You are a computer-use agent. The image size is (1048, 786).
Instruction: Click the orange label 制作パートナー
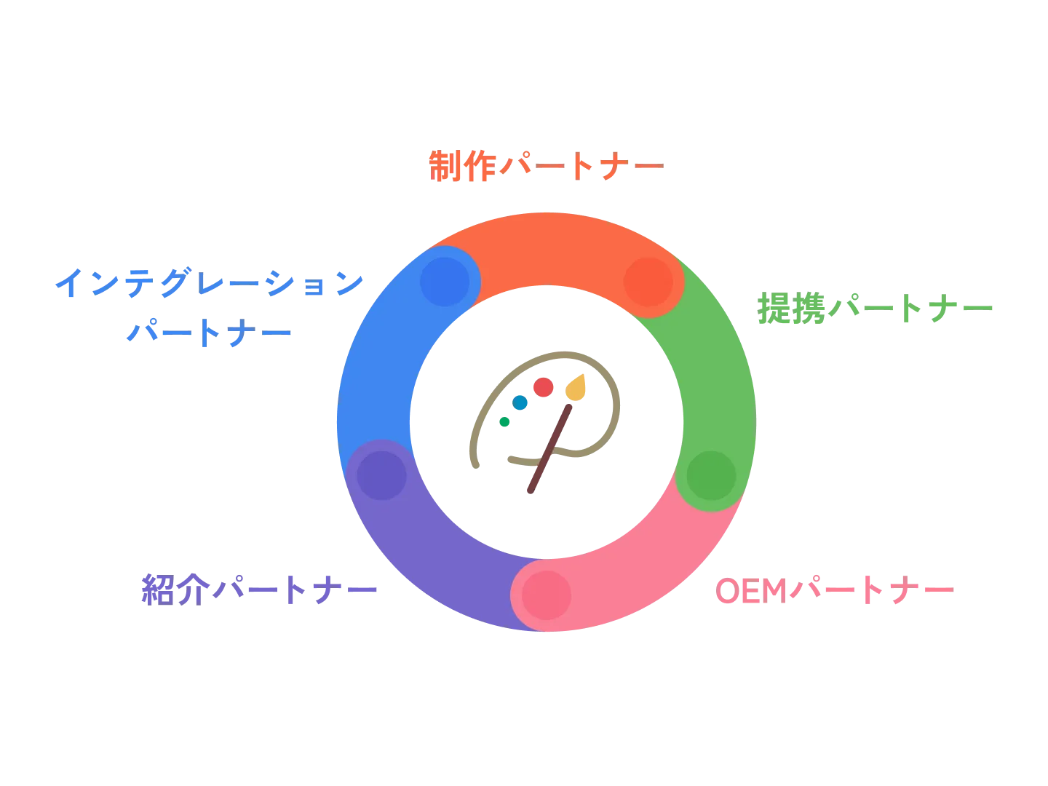point(546,167)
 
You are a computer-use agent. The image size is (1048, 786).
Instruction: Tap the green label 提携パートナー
point(876,309)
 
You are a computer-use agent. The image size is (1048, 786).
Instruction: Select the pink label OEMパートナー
point(835,589)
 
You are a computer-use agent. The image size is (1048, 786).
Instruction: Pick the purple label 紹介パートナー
point(259,588)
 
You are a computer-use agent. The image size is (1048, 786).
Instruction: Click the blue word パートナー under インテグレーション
point(208,333)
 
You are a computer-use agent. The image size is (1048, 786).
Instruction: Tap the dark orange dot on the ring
point(648,282)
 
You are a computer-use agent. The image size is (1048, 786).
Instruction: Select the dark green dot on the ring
point(711,475)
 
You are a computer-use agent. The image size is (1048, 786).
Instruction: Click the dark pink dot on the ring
point(547,595)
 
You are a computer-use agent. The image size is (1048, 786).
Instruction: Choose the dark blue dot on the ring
point(445,282)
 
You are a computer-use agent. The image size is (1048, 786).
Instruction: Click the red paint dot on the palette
point(543,387)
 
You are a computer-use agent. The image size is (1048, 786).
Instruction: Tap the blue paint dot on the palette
point(520,402)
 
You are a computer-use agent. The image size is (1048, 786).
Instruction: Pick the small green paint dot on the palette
point(504,421)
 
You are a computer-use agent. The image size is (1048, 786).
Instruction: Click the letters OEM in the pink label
point(750,590)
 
